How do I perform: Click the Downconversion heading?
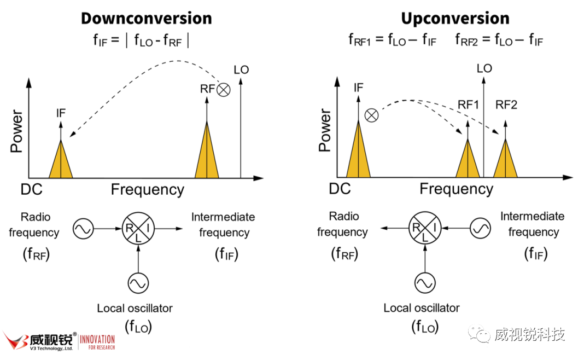pos(146,18)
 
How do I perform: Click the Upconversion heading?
pos(455,18)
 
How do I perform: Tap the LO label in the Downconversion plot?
pos(241,69)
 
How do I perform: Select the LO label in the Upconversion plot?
pos(484,68)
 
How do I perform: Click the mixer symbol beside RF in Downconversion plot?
pos(223,90)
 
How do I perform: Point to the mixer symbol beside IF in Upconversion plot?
pos(371,115)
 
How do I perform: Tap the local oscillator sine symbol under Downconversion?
pos(138,283)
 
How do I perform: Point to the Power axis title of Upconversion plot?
pos(325,130)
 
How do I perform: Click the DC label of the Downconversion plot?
pos(32,189)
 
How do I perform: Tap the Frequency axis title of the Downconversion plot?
pos(148,190)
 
